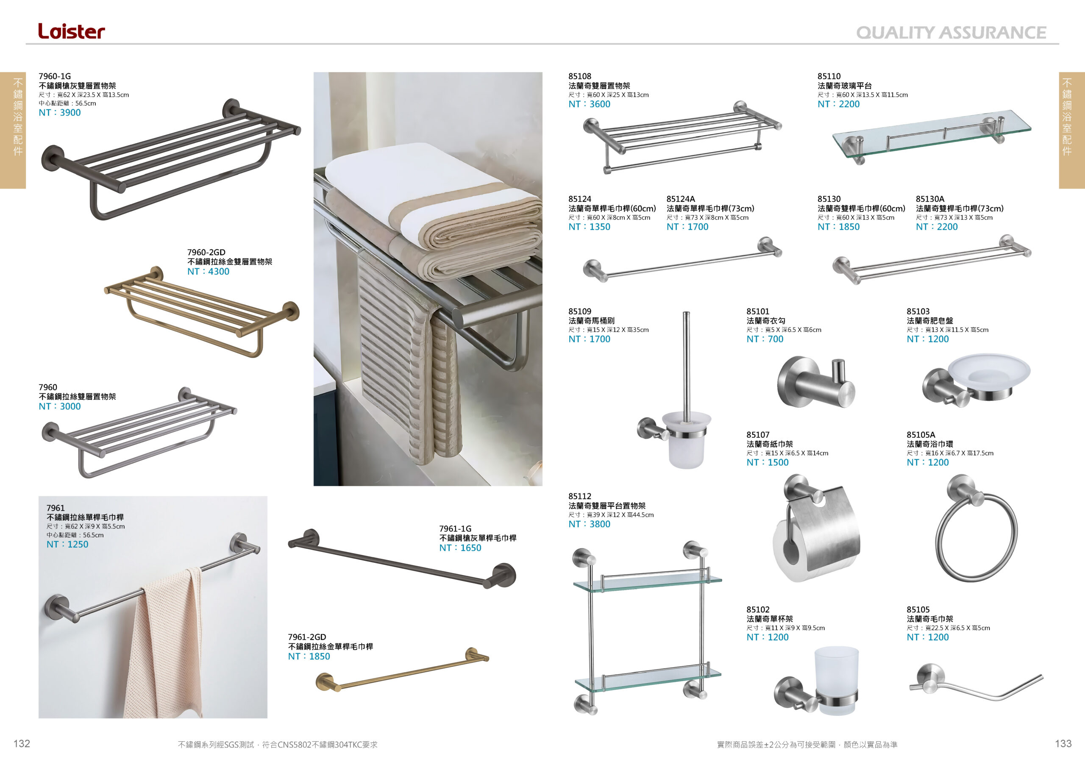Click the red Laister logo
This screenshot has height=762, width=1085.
[x=71, y=31]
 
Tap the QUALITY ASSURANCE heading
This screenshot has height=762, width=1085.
[x=951, y=33]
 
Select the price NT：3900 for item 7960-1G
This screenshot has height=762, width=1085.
[x=59, y=112]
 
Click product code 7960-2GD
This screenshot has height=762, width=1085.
[x=206, y=252]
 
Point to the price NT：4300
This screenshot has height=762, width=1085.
[x=208, y=272]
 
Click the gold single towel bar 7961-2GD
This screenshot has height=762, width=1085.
[x=402, y=670]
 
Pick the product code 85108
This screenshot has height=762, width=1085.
[x=579, y=76]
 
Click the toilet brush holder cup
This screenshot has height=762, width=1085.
[x=686, y=439]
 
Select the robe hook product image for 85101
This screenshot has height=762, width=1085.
[x=817, y=381]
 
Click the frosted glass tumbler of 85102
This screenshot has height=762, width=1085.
[x=836, y=680]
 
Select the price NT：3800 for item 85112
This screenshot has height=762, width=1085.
[x=589, y=524]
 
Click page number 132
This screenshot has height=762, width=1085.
[x=22, y=744]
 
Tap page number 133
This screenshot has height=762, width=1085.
[x=1063, y=744]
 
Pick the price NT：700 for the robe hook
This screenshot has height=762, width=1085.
[x=765, y=339]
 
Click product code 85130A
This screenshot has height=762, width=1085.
[x=929, y=199]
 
